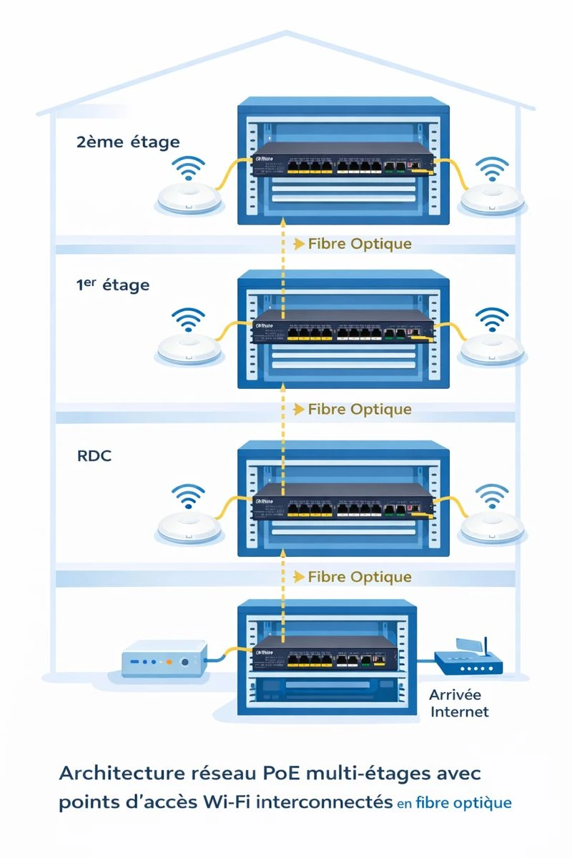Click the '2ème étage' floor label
pyautogui.click(x=127, y=142)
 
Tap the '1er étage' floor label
pyautogui.click(x=112, y=285)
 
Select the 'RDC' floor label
pyautogui.click(x=93, y=455)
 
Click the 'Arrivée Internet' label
pyautogui.click(x=458, y=703)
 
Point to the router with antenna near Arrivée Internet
pyautogui.click(x=469, y=661)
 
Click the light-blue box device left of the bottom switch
pyautogui.click(x=164, y=661)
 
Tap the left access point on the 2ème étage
pyautogui.click(x=189, y=198)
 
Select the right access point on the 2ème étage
pyautogui.click(x=493, y=198)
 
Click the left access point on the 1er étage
pyautogui.click(x=189, y=347)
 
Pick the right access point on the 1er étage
pyautogui.click(x=493, y=347)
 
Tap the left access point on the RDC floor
pyautogui.click(x=189, y=526)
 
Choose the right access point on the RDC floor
pyautogui.click(x=493, y=526)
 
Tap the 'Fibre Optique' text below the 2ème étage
pyautogui.click(x=360, y=244)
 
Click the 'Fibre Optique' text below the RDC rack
pyautogui.click(x=360, y=576)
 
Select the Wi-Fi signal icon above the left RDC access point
pyautogui.click(x=189, y=495)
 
